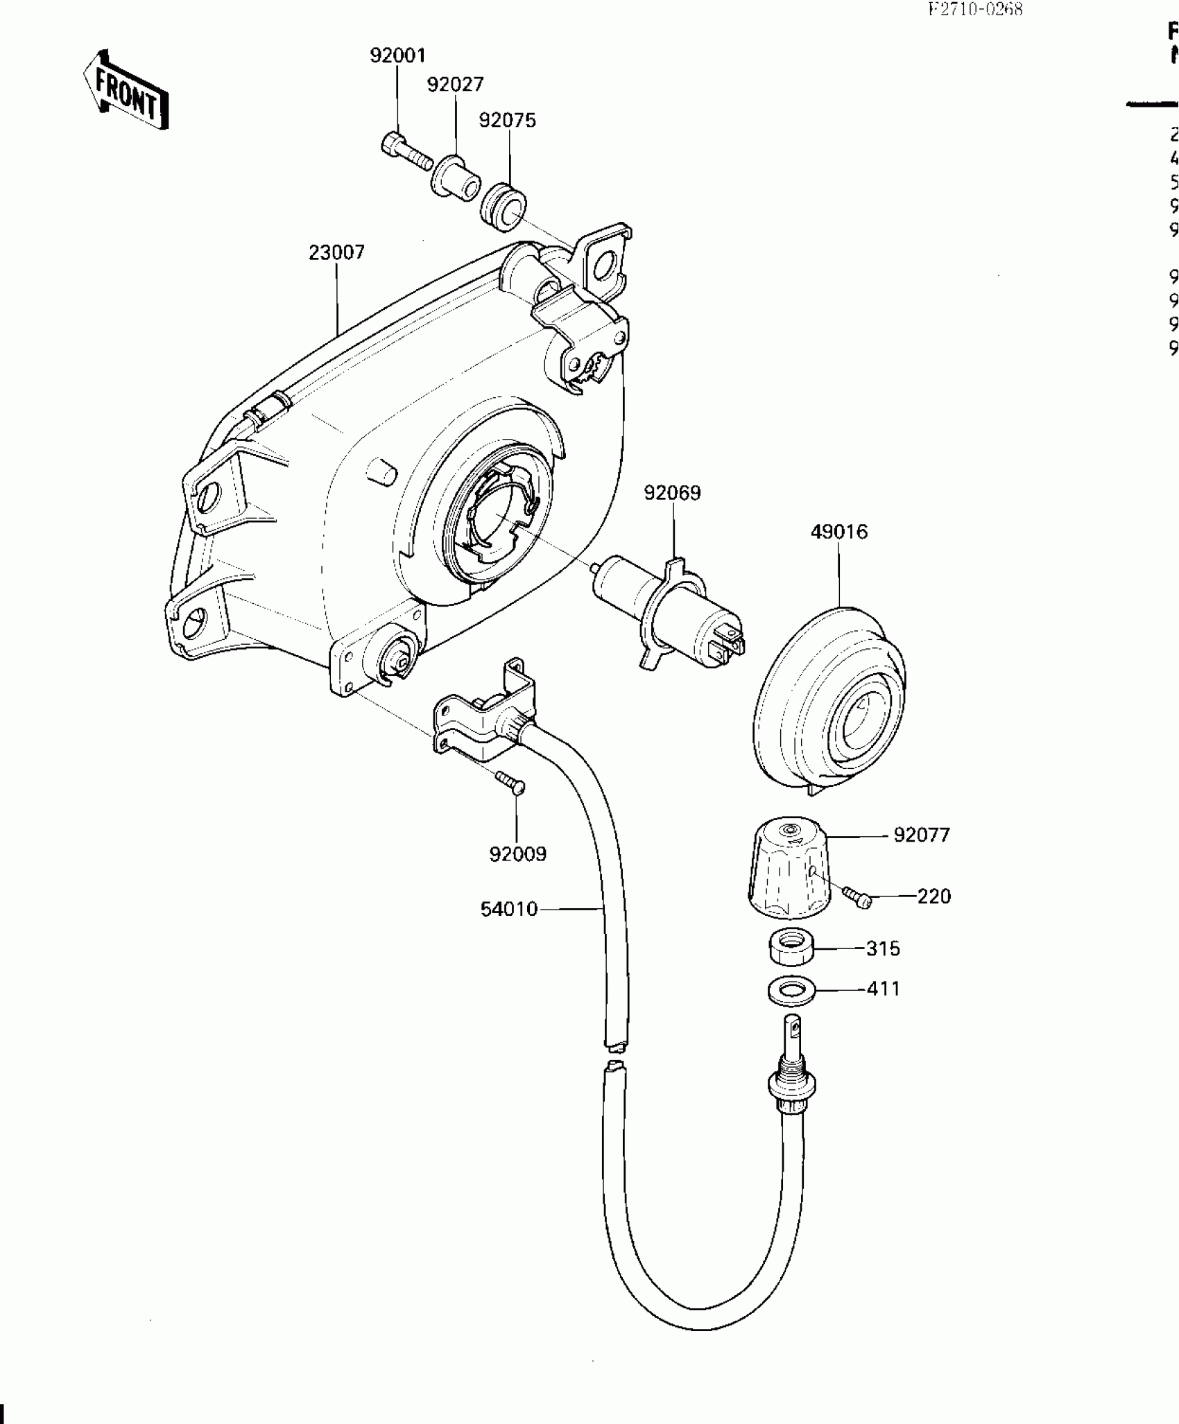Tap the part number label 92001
(397, 55)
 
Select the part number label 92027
(455, 85)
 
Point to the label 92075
(508, 121)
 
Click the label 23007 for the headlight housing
(336, 252)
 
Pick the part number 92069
(672, 493)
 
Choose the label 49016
(839, 532)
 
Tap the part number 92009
(517, 854)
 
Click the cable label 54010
(509, 909)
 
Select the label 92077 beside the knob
(921, 835)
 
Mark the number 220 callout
(933, 896)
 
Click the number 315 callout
(883, 948)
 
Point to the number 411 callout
(884, 989)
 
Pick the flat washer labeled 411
(791, 991)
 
